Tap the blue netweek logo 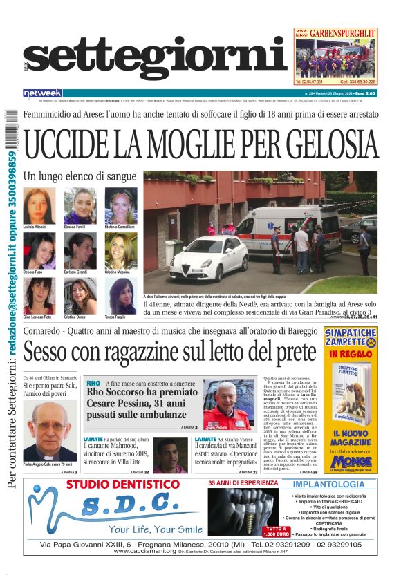point(42,93)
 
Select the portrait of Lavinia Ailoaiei point(39,205)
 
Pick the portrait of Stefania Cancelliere point(121,205)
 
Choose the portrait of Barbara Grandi point(80,250)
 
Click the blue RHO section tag point(93,383)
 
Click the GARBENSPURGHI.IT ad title point(344,32)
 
